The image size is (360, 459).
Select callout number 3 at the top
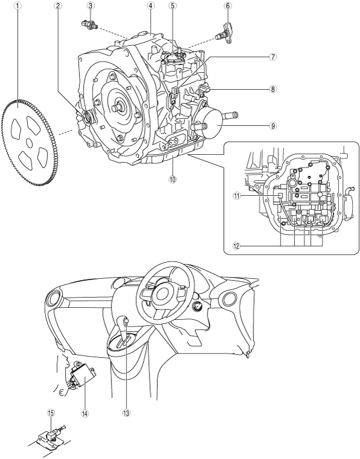[x=90, y=5]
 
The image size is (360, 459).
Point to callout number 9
[x=273, y=126]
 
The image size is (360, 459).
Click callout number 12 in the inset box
[x=236, y=246]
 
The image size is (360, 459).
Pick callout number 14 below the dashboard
[x=85, y=413]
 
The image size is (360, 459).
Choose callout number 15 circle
[x=51, y=413]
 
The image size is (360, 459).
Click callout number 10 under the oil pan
[x=172, y=179]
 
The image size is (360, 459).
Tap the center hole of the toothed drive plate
[x=29, y=143]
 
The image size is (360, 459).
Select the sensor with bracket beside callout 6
[x=224, y=34]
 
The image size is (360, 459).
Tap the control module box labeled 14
[x=83, y=375]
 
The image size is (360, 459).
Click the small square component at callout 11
[x=280, y=196]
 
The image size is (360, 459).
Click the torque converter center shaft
[x=118, y=107]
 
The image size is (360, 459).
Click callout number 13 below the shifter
[x=127, y=413]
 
